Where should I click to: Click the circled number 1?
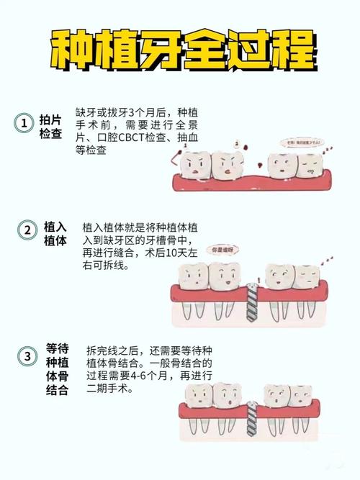(x=24, y=123)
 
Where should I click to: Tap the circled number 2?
(x=26, y=230)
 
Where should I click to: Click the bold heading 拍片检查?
(x=50, y=125)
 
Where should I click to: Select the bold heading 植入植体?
(x=55, y=233)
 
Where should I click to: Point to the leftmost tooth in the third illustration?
(x=197, y=398)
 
